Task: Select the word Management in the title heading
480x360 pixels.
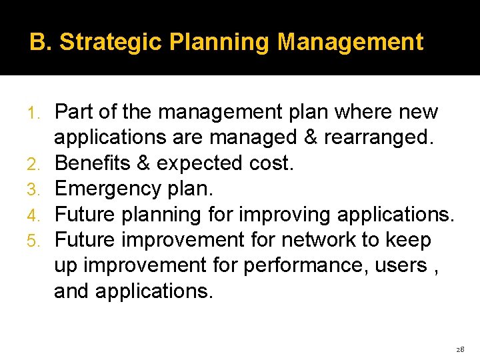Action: [x=350, y=42]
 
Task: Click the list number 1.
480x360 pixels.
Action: [x=39, y=113]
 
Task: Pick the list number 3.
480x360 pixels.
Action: [x=39, y=189]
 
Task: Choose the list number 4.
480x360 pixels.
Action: [x=39, y=215]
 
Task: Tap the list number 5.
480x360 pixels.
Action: [x=39, y=241]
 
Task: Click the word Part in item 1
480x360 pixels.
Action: [x=73, y=112]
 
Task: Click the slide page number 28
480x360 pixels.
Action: [x=459, y=349]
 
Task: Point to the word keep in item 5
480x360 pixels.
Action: [x=408, y=240]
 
